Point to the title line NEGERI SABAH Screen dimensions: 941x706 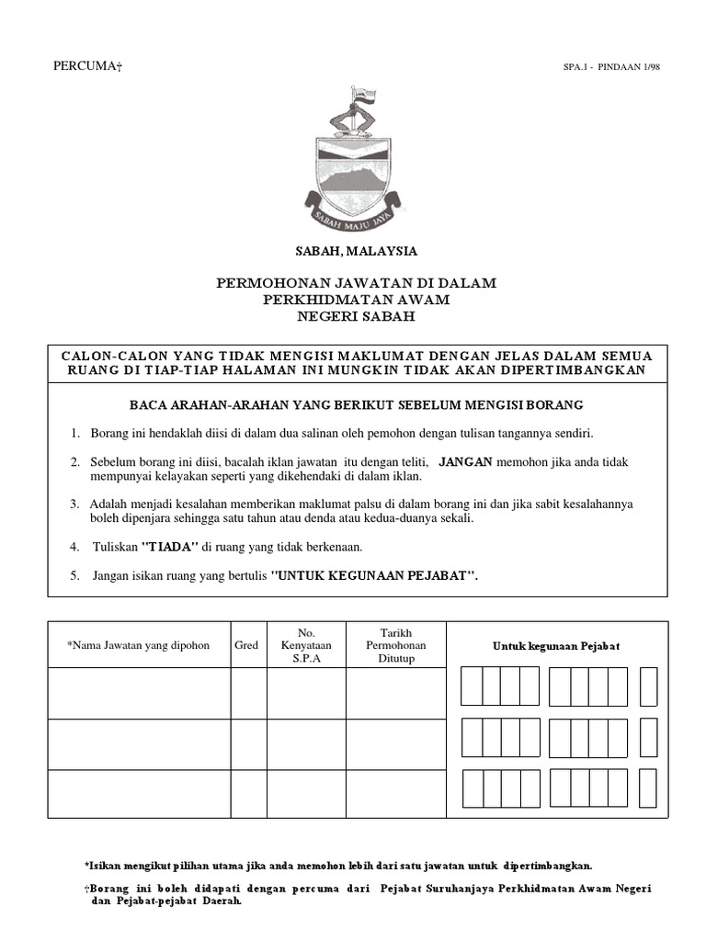tap(356, 316)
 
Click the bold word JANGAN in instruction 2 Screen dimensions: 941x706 tap(466, 461)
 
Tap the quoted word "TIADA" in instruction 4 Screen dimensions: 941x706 tap(169, 547)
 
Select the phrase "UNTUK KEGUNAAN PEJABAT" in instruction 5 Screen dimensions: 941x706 tap(375, 576)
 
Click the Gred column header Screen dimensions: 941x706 tap(246, 646)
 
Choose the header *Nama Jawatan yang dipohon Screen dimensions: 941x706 tap(138, 646)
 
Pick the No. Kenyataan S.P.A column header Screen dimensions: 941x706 tap(306, 646)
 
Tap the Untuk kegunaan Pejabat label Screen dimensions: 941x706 tap(556, 646)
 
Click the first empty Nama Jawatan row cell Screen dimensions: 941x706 tap(138, 693)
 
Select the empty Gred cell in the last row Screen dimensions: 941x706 tap(246, 793)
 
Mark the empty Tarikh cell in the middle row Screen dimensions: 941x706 tap(395, 743)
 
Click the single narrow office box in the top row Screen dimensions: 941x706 tap(648, 686)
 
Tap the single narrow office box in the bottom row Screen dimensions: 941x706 tap(648, 788)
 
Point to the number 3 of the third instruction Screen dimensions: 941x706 tap(74, 505)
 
